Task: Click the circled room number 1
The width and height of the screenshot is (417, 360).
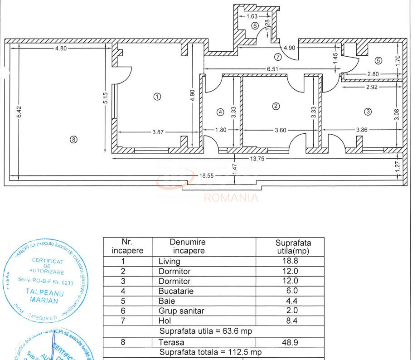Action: click(x=157, y=96)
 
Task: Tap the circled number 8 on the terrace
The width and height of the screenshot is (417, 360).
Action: click(x=73, y=140)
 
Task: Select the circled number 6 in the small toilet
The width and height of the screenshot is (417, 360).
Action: click(x=255, y=25)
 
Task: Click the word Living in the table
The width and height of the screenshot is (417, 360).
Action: click(x=169, y=261)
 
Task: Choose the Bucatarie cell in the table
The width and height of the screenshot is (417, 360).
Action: click(x=176, y=291)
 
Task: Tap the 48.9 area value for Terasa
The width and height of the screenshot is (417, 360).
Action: click(x=291, y=342)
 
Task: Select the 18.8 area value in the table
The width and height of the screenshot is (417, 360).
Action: click(x=291, y=261)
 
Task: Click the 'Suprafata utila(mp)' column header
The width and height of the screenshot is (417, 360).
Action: click(x=293, y=247)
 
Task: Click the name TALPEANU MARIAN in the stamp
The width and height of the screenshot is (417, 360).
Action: click(x=44, y=296)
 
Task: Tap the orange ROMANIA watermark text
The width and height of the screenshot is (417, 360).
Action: click(x=231, y=198)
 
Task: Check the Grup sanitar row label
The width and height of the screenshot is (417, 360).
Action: click(x=181, y=311)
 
